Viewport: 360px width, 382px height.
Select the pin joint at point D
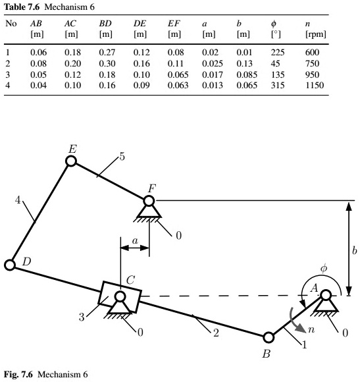click(x=10, y=265)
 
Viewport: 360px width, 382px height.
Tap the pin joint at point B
click(x=269, y=338)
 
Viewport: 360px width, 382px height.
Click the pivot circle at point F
click(x=149, y=200)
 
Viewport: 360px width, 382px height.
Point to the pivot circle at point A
click(x=324, y=296)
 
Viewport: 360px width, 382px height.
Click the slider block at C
click(x=119, y=297)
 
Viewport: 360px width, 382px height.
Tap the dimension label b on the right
click(x=354, y=250)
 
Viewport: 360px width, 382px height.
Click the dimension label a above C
click(x=135, y=242)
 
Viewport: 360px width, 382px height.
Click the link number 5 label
click(x=122, y=157)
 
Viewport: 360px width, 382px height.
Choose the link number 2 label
click(x=215, y=333)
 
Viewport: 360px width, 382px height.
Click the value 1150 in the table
click(x=316, y=84)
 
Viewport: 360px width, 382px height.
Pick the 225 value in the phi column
click(x=276, y=51)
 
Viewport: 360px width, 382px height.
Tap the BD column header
click(x=105, y=23)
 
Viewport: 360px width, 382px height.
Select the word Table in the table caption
click(x=16, y=5)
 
